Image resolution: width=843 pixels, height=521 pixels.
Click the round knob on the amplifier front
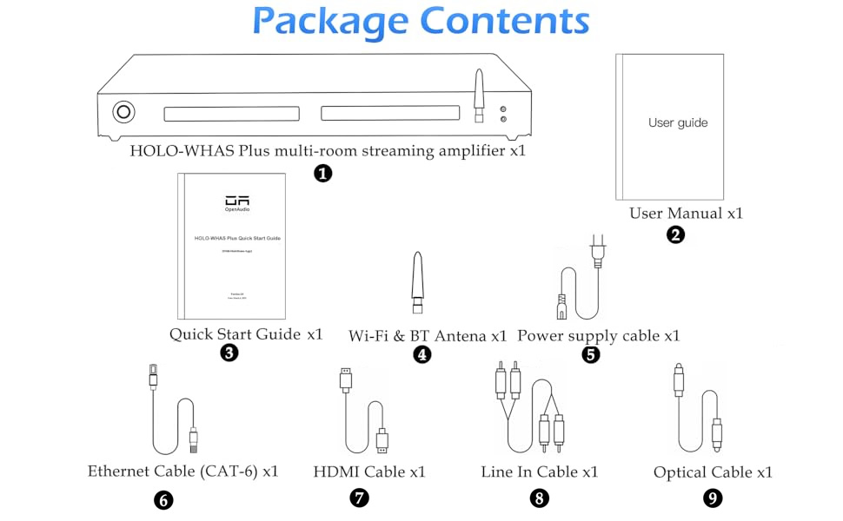click(x=123, y=112)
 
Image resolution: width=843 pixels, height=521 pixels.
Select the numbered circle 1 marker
click(x=322, y=173)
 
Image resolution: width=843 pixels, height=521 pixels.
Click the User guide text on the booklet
click(x=678, y=122)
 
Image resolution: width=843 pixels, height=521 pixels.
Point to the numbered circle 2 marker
click(x=675, y=234)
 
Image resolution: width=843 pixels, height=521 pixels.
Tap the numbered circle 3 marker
click(x=229, y=353)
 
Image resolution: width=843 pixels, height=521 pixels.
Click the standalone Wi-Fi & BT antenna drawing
click(x=418, y=283)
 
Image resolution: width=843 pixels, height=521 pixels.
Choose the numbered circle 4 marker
click(x=421, y=354)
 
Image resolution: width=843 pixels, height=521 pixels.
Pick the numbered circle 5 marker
click(x=591, y=354)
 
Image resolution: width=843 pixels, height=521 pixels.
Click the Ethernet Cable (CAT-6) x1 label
click(x=183, y=472)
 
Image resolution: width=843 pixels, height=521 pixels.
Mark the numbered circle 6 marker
click(x=163, y=499)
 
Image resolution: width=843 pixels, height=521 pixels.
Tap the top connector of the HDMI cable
click(x=346, y=379)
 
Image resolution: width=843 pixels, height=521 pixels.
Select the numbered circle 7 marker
click(x=359, y=498)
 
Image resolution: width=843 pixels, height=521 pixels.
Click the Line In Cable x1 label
click(x=540, y=472)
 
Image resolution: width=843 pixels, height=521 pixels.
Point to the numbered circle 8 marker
click(x=540, y=498)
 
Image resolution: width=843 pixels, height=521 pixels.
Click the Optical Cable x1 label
click(x=713, y=472)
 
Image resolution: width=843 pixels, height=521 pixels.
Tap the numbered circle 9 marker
click(x=713, y=498)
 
